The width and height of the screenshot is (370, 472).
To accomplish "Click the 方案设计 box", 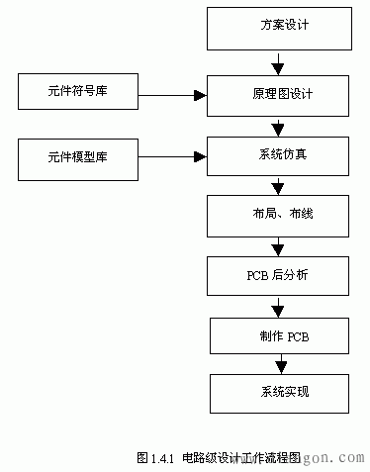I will [278, 28].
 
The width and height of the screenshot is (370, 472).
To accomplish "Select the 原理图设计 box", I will [278, 94].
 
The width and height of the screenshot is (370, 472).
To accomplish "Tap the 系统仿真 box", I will [278, 154].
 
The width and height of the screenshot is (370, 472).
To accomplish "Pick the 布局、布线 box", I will [278, 214].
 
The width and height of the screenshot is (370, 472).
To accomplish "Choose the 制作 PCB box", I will [280, 335].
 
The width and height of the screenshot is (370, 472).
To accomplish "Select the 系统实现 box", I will [278, 393].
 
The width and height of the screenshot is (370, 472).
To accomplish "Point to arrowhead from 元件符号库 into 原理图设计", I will [200, 95].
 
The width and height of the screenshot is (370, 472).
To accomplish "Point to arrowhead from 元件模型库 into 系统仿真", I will [200, 155].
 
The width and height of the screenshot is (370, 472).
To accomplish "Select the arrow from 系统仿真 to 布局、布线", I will [278, 184].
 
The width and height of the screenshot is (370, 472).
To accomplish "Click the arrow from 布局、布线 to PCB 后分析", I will [278, 244].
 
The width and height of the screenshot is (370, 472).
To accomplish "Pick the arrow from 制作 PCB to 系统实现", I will [278, 363].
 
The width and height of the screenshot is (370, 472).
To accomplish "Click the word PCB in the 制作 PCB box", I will [299, 336].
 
